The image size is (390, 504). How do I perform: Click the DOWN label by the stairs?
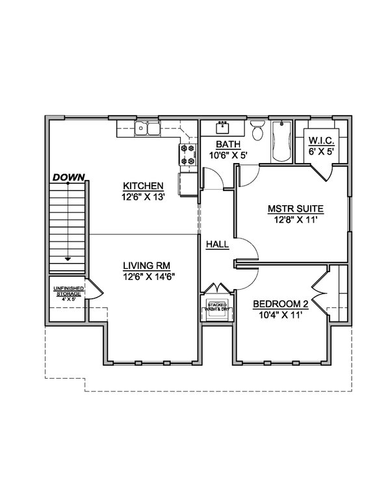click(x=68, y=177)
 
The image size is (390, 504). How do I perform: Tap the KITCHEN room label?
click(x=143, y=186)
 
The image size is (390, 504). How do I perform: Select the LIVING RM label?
click(x=147, y=266)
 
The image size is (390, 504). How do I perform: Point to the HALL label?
click(x=218, y=244)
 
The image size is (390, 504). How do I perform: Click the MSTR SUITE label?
click(x=296, y=209)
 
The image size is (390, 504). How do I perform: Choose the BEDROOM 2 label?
click(x=281, y=304)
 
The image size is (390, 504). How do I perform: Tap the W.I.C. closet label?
click(x=322, y=140)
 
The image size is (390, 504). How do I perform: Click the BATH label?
click(x=227, y=144)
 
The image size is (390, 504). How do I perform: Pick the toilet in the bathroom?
click(x=257, y=130)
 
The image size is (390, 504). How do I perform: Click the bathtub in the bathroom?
click(x=281, y=141)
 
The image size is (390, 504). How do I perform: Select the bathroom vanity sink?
click(x=222, y=127)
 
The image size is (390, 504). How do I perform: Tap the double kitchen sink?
click(x=147, y=128)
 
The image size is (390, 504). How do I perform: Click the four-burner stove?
click(x=188, y=155)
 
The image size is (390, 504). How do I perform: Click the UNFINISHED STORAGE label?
click(x=68, y=291)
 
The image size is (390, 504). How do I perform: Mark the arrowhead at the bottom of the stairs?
click(x=68, y=258)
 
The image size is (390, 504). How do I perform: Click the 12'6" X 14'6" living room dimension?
click(x=149, y=277)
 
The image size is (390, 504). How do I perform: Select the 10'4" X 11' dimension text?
click(x=280, y=315)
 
